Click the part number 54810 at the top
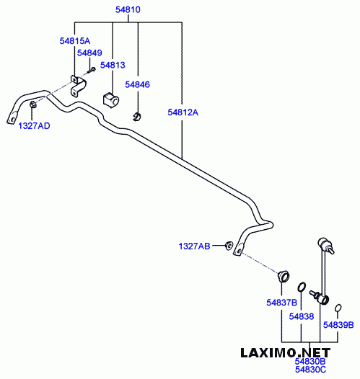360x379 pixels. click(128, 9)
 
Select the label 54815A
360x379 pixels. click(75, 41)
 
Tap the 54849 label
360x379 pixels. click(89, 53)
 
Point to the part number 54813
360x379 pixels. click(113, 65)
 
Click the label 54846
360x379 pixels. click(137, 84)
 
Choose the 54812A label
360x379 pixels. click(183, 112)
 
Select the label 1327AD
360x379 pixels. click(34, 126)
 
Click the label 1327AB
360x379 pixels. click(194, 246)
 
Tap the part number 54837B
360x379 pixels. click(281, 303)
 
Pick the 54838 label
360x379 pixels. click(302, 316)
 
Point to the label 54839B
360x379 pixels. click(338, 325)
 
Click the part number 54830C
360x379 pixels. click(311, 370)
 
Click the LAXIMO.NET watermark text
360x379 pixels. click(286, 353)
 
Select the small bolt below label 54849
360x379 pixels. click(91, 71)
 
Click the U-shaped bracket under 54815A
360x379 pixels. click(78, 86)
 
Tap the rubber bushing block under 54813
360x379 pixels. click(111, 99)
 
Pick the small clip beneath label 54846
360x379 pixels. click(137, 117)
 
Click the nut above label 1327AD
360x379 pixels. click(32, 105)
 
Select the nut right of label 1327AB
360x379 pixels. click(229, 246)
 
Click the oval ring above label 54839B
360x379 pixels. click(338, 308)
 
